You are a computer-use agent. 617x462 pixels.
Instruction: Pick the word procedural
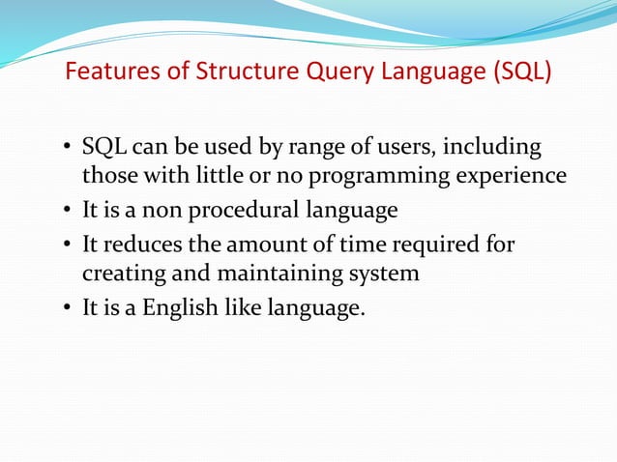[x=247, y=211]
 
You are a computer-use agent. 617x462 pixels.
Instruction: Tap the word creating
[x=121, y=273]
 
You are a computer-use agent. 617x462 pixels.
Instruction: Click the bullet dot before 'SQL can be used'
[x=67, y=150]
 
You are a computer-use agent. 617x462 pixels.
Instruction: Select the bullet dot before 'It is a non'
[x=67, y=212]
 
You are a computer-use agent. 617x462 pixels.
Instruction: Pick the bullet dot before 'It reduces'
[x=67, y=244]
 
